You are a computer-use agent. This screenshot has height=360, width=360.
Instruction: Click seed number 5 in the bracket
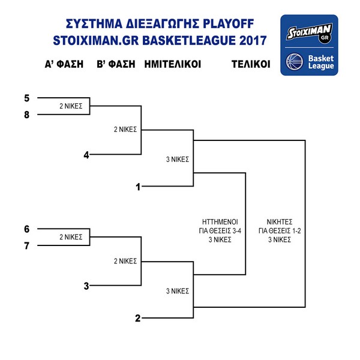(x=26, y=97)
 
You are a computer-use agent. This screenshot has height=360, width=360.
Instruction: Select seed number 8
(x=26, y=113)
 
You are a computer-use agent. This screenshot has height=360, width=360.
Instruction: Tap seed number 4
(x=86, y=155)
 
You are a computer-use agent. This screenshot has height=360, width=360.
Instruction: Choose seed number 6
(x=26, y=229)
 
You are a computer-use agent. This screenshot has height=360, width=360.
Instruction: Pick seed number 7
(x=26, y=245)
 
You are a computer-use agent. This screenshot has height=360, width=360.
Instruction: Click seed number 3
(x=86, y=286)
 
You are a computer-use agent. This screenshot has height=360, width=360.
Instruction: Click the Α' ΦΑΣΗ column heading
(x=64, y=64)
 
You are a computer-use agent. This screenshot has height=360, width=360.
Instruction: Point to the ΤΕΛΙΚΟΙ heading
(x=251, y=64)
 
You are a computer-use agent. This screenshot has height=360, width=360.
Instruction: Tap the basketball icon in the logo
(x=295, y=61)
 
